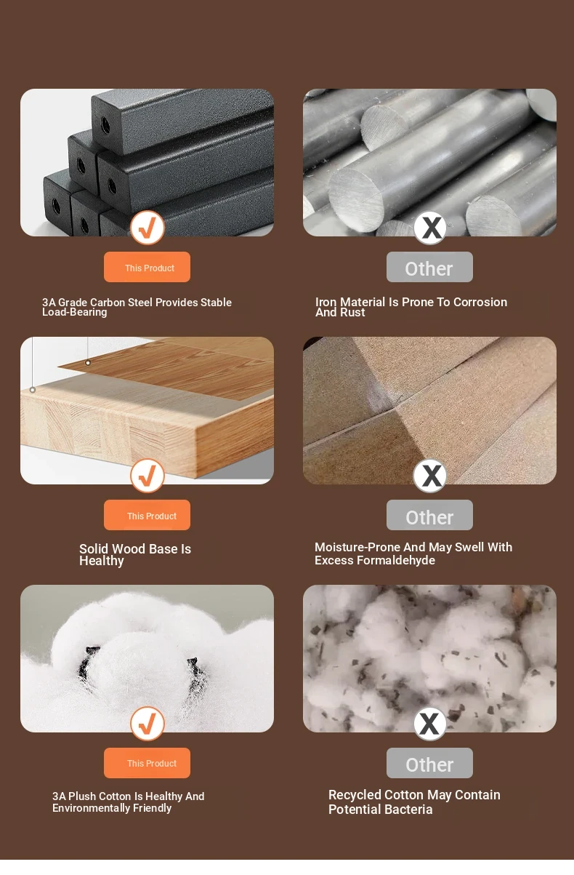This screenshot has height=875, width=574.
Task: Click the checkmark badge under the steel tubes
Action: click(x=147, y=228)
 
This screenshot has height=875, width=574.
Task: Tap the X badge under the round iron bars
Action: click(x=429, y=228)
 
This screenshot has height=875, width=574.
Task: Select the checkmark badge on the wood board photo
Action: click(x=147, y=476)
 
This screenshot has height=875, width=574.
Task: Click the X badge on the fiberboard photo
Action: click(x=429, y=476)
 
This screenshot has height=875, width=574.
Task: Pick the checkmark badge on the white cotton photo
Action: click(x=147, y=724)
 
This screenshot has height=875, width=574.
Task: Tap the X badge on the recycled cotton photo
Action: click(x=429, y=724)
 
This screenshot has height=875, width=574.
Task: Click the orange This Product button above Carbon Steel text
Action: click(x=147, y=267)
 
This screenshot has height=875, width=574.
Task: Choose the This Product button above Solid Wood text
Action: click(x=147, y=515)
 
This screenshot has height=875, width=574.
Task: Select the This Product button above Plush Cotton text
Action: click(x=147, y=763)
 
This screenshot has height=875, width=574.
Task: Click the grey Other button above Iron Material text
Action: click(x=429, y=267)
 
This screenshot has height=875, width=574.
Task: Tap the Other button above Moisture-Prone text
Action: click(x=429, y=515)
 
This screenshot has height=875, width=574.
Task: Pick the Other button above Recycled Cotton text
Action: click(x=429, y=763)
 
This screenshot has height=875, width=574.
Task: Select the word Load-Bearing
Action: click(x=75, y=313)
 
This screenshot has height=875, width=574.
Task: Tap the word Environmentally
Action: click(x=92, y=808)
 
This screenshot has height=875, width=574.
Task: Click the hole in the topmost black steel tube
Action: click(x=105, y=125)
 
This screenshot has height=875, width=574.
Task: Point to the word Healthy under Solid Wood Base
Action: click(x=102, y=561)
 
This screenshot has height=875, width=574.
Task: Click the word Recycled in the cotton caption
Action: click(x=356, y=795)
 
